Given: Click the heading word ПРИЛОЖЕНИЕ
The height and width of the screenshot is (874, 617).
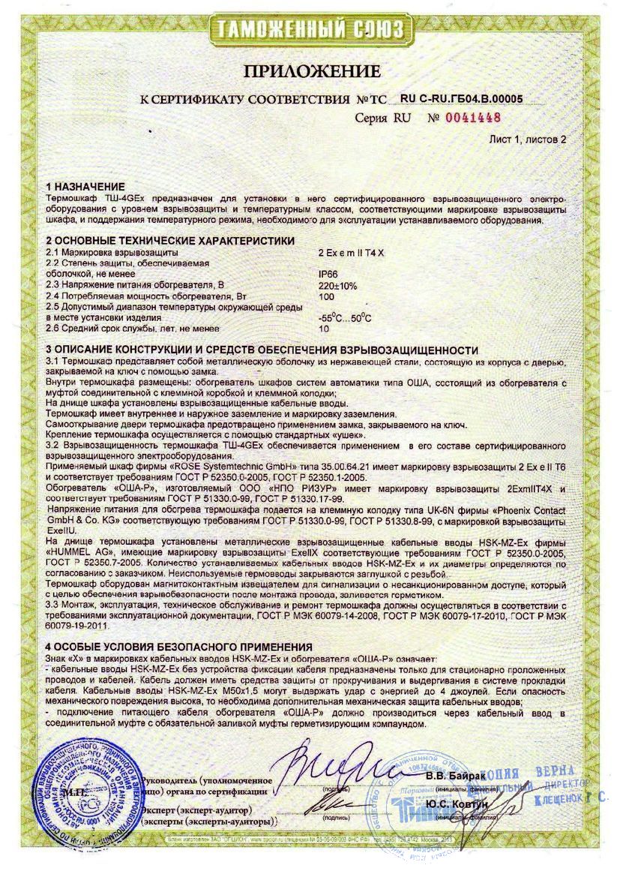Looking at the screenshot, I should click(x=310, y=72).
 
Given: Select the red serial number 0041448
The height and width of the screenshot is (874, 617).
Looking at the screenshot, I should click(x=473, y=117).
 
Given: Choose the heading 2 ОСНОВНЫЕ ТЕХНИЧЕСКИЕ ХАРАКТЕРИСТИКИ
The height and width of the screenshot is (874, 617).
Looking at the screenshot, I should click(x=170, y=239).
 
